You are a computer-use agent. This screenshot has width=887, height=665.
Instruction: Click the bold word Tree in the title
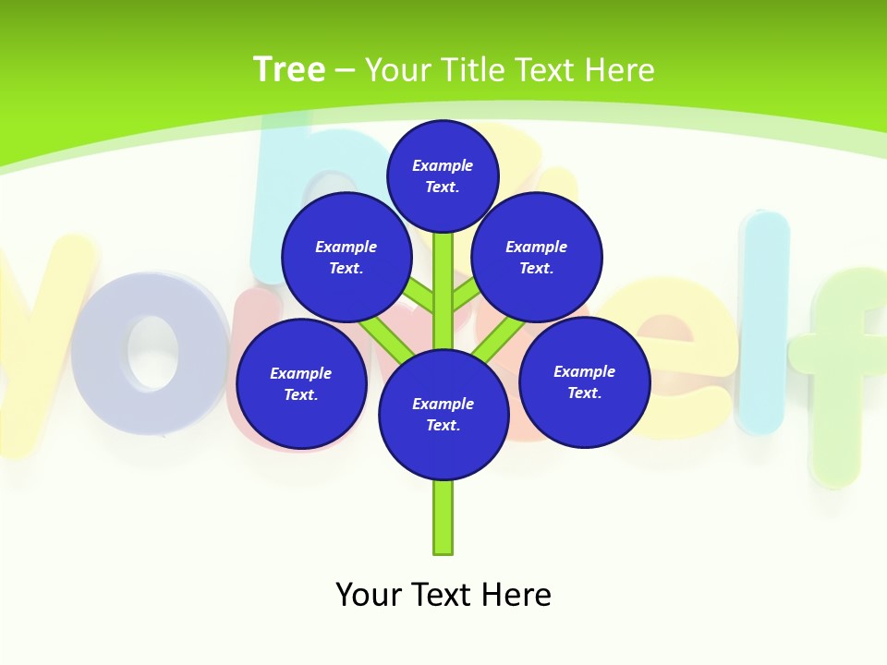click(289, 69)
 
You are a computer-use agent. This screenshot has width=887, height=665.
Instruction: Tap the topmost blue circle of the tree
click(443, 175)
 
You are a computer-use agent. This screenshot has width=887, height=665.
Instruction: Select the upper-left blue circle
click(346, 257)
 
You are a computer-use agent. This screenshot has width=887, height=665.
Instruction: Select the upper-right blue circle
click(537, 257)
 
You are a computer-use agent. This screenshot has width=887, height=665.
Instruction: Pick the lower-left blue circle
click(301, 383)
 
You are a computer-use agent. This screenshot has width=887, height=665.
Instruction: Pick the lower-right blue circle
click(585, 381)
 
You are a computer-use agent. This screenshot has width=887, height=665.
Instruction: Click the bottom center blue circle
click(443, 414)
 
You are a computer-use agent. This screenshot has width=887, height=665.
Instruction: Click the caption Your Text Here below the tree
click(443, 594)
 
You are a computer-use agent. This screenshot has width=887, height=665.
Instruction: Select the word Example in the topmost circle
click(443, 165)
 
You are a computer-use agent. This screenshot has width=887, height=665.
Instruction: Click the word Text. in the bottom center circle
click(443, 425)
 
